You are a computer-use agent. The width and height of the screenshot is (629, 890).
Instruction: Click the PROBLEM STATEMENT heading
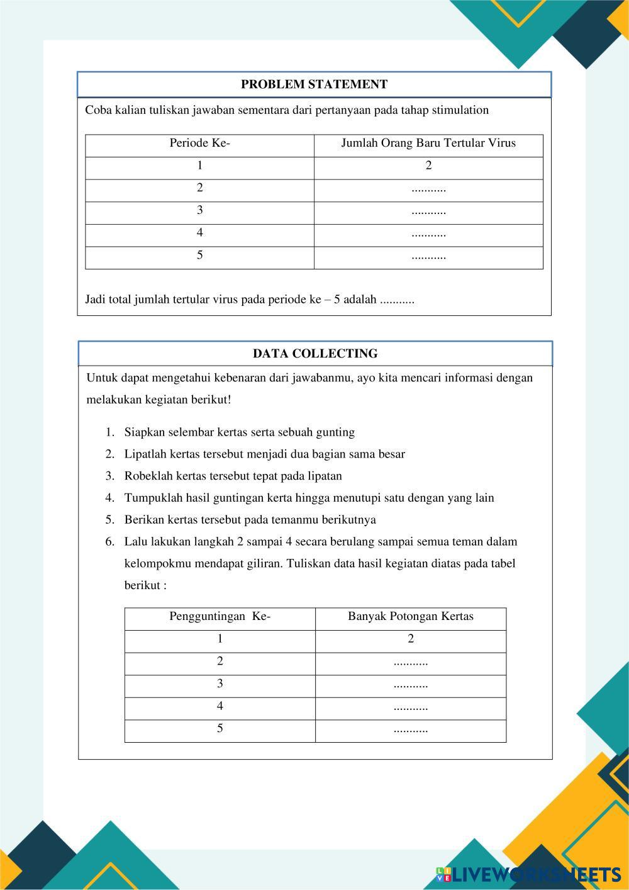click(314, 84)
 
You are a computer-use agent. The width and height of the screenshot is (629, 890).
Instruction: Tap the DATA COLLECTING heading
click(315, 354)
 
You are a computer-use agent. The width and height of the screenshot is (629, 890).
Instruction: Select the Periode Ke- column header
click(199, 144)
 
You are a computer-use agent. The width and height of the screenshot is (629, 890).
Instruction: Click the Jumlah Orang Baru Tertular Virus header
click(428, 144)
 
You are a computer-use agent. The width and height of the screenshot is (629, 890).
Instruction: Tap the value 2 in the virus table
click(428, 166)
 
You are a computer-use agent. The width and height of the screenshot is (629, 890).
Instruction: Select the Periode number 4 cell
click(199, 233)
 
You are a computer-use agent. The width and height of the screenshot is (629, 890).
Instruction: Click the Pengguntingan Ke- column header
click(220, 617)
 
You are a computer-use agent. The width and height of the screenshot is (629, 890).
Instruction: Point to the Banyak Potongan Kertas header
click(410, 617)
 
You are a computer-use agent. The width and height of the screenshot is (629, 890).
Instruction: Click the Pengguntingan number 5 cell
click(220, 729)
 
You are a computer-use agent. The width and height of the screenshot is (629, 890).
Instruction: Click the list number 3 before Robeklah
click(109, 476)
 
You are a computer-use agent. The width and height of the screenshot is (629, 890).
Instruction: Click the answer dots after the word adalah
click(398, 300)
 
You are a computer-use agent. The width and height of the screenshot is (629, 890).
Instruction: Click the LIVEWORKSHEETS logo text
click(535, 874)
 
